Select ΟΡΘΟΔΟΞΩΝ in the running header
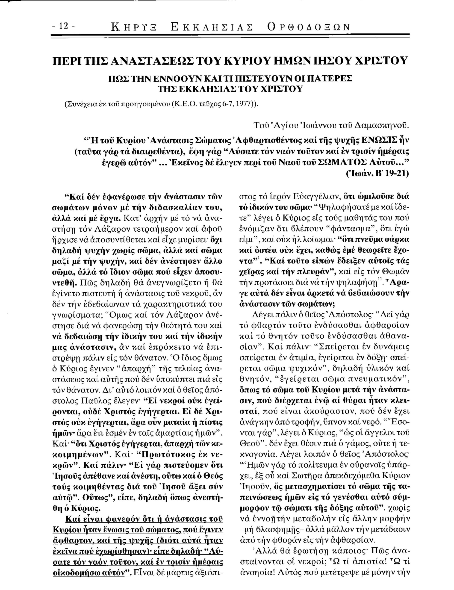[x=308, y=27]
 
